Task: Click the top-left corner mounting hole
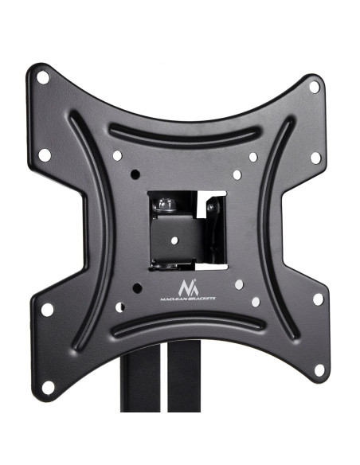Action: click(x=43, y=78)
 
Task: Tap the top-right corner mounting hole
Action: click(x=315, y=88)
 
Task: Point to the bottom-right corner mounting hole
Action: click(x=319, y=370)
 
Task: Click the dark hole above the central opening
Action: click(x=135, y=174)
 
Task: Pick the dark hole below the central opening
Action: click(x=137, y=288)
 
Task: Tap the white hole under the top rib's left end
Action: click(x=117, y=156)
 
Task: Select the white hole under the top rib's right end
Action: click(x=253, y=157)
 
